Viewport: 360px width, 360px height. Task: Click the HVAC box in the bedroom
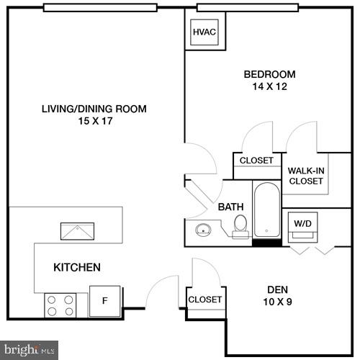point(204,32)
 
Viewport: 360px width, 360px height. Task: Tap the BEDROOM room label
point(269,74)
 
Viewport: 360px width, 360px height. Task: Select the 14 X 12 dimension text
point(269,86)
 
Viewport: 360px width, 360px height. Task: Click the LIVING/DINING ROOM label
point(94,109)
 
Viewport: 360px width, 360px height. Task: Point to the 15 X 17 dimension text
point(94,122)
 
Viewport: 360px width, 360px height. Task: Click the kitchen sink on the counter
point(76,233)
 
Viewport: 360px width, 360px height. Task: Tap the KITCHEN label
point(77,268)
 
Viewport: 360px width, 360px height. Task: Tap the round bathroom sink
point(202,230)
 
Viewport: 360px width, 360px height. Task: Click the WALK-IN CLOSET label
point(306,176)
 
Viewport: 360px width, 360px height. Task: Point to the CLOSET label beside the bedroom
point(256,161)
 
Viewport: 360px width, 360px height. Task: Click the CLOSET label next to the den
point(204,300)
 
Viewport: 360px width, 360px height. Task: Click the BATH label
point(230,207)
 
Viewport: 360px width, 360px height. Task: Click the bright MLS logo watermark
point(29,351)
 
